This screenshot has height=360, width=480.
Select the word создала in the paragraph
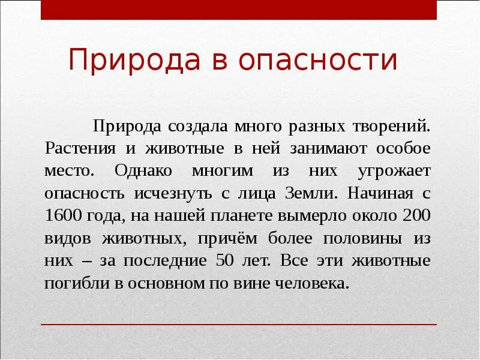point(188,126)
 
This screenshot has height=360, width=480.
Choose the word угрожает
point(394,170)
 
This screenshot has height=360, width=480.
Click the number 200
point(417,215)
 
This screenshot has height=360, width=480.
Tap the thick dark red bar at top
point(239,10)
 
